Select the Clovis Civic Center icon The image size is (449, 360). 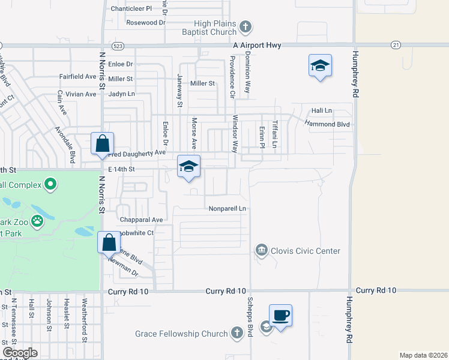261,250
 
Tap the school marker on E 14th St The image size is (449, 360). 188,167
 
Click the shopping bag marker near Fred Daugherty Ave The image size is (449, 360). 102,145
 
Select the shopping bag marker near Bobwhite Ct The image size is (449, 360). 109,243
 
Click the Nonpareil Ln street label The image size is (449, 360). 228,209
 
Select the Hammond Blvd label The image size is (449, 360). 327,124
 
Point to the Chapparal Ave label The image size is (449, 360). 142,220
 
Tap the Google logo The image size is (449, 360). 20,353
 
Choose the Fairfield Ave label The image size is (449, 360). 77,77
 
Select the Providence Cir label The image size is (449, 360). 232,77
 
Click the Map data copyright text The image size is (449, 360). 423,355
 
